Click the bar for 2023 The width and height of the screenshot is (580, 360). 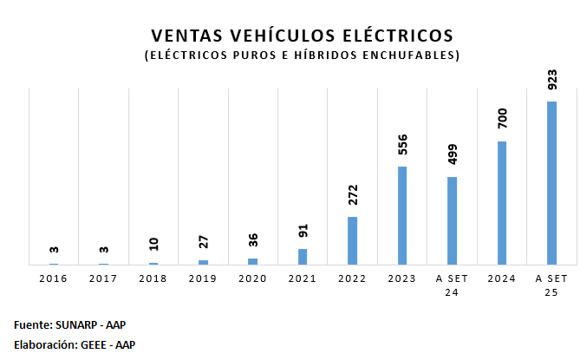tap(402, 215)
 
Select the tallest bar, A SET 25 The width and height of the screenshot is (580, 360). tap(551, 183)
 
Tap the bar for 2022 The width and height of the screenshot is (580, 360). tap(353, 240)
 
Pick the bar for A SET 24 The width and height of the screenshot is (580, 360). tap(452, 220)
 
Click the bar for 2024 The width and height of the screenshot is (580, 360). tap(501, 203)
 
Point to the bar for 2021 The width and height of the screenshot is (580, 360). tap(303, 257)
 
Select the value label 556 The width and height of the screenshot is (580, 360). tap(402, 145)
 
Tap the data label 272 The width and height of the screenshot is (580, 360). tap(353, 195)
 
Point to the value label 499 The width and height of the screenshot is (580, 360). tap(453, 155)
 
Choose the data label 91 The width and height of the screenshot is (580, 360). tap(303, 231)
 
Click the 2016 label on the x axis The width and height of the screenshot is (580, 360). tap(54, 278)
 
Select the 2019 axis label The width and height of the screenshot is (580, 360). tap(203, 278)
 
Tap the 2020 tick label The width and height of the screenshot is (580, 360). tap(253, 278)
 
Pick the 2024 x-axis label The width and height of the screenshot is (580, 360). tap(502, 278)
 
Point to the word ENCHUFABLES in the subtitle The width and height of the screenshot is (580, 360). tap(411, 56)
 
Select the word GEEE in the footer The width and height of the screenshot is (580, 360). tap(93, 344)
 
